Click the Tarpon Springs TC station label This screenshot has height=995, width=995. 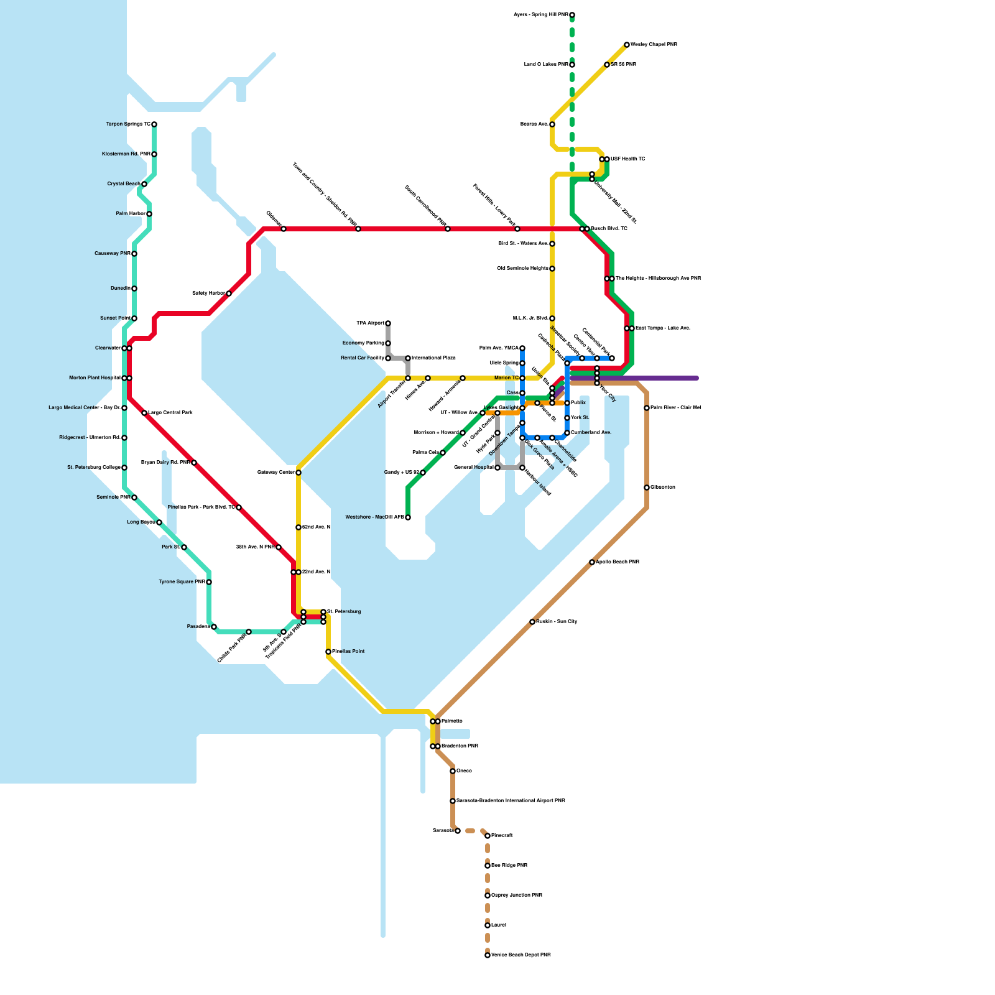pos(128,124)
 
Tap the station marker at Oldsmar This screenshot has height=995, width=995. pos(284,229)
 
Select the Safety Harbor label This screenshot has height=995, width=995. pos(208,293)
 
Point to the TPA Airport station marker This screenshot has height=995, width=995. pos(388,323)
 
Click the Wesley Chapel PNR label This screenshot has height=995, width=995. pos(654,45)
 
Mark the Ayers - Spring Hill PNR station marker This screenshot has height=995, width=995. pos(572,15)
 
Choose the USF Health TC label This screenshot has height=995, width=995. pos(628,159)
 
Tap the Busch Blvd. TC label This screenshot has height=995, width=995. pos(609,229)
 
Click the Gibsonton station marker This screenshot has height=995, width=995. pos(647,488)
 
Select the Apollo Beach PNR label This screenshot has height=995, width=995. pos(618,562)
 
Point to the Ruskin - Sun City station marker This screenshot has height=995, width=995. pos(532,622)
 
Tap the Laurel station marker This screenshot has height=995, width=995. pos(488,925)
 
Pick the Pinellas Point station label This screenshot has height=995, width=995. pos(348,652)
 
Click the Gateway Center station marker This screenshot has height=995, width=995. pos(298,473)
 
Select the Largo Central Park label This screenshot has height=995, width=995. pos(170,413)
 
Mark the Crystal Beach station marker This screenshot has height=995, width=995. pos(144,184)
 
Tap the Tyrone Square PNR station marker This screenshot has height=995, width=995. pos(209,582)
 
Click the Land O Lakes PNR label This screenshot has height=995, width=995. pos(546,65)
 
